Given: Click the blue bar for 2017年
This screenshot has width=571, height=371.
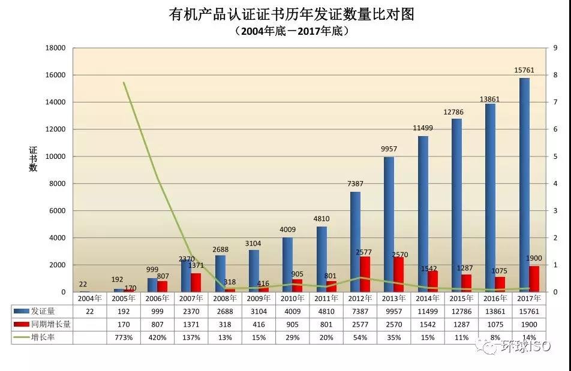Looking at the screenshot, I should pyautogui.click(x=524, y=185).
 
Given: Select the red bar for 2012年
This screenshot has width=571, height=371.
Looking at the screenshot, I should pyautogui.click(x=365, y=275).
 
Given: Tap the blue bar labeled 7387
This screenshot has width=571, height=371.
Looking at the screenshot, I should pyautogui.click(x=355, y=242).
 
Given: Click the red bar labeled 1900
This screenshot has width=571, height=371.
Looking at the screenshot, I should pyautogui.click(x=534, y=279).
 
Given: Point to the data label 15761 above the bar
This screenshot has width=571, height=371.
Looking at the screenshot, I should pyautogui.click(x=524, y=71).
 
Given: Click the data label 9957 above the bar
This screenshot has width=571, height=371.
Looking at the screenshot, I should pyautogui.click(x=388, y=149).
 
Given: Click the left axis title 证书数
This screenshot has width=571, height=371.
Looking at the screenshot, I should pyautogui.click(x=33, y=158).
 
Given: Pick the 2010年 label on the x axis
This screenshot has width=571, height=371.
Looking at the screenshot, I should pyautogui.click(x=292, y=298).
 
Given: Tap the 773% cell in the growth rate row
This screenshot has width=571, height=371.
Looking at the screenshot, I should pyautogui.click(x=124, y=337).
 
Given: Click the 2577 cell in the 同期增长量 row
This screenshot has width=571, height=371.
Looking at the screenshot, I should pyautogui.click(x=360, y=324).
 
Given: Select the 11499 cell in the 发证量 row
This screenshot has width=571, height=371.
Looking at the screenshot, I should pyautogui.click(x=428, y=311).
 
